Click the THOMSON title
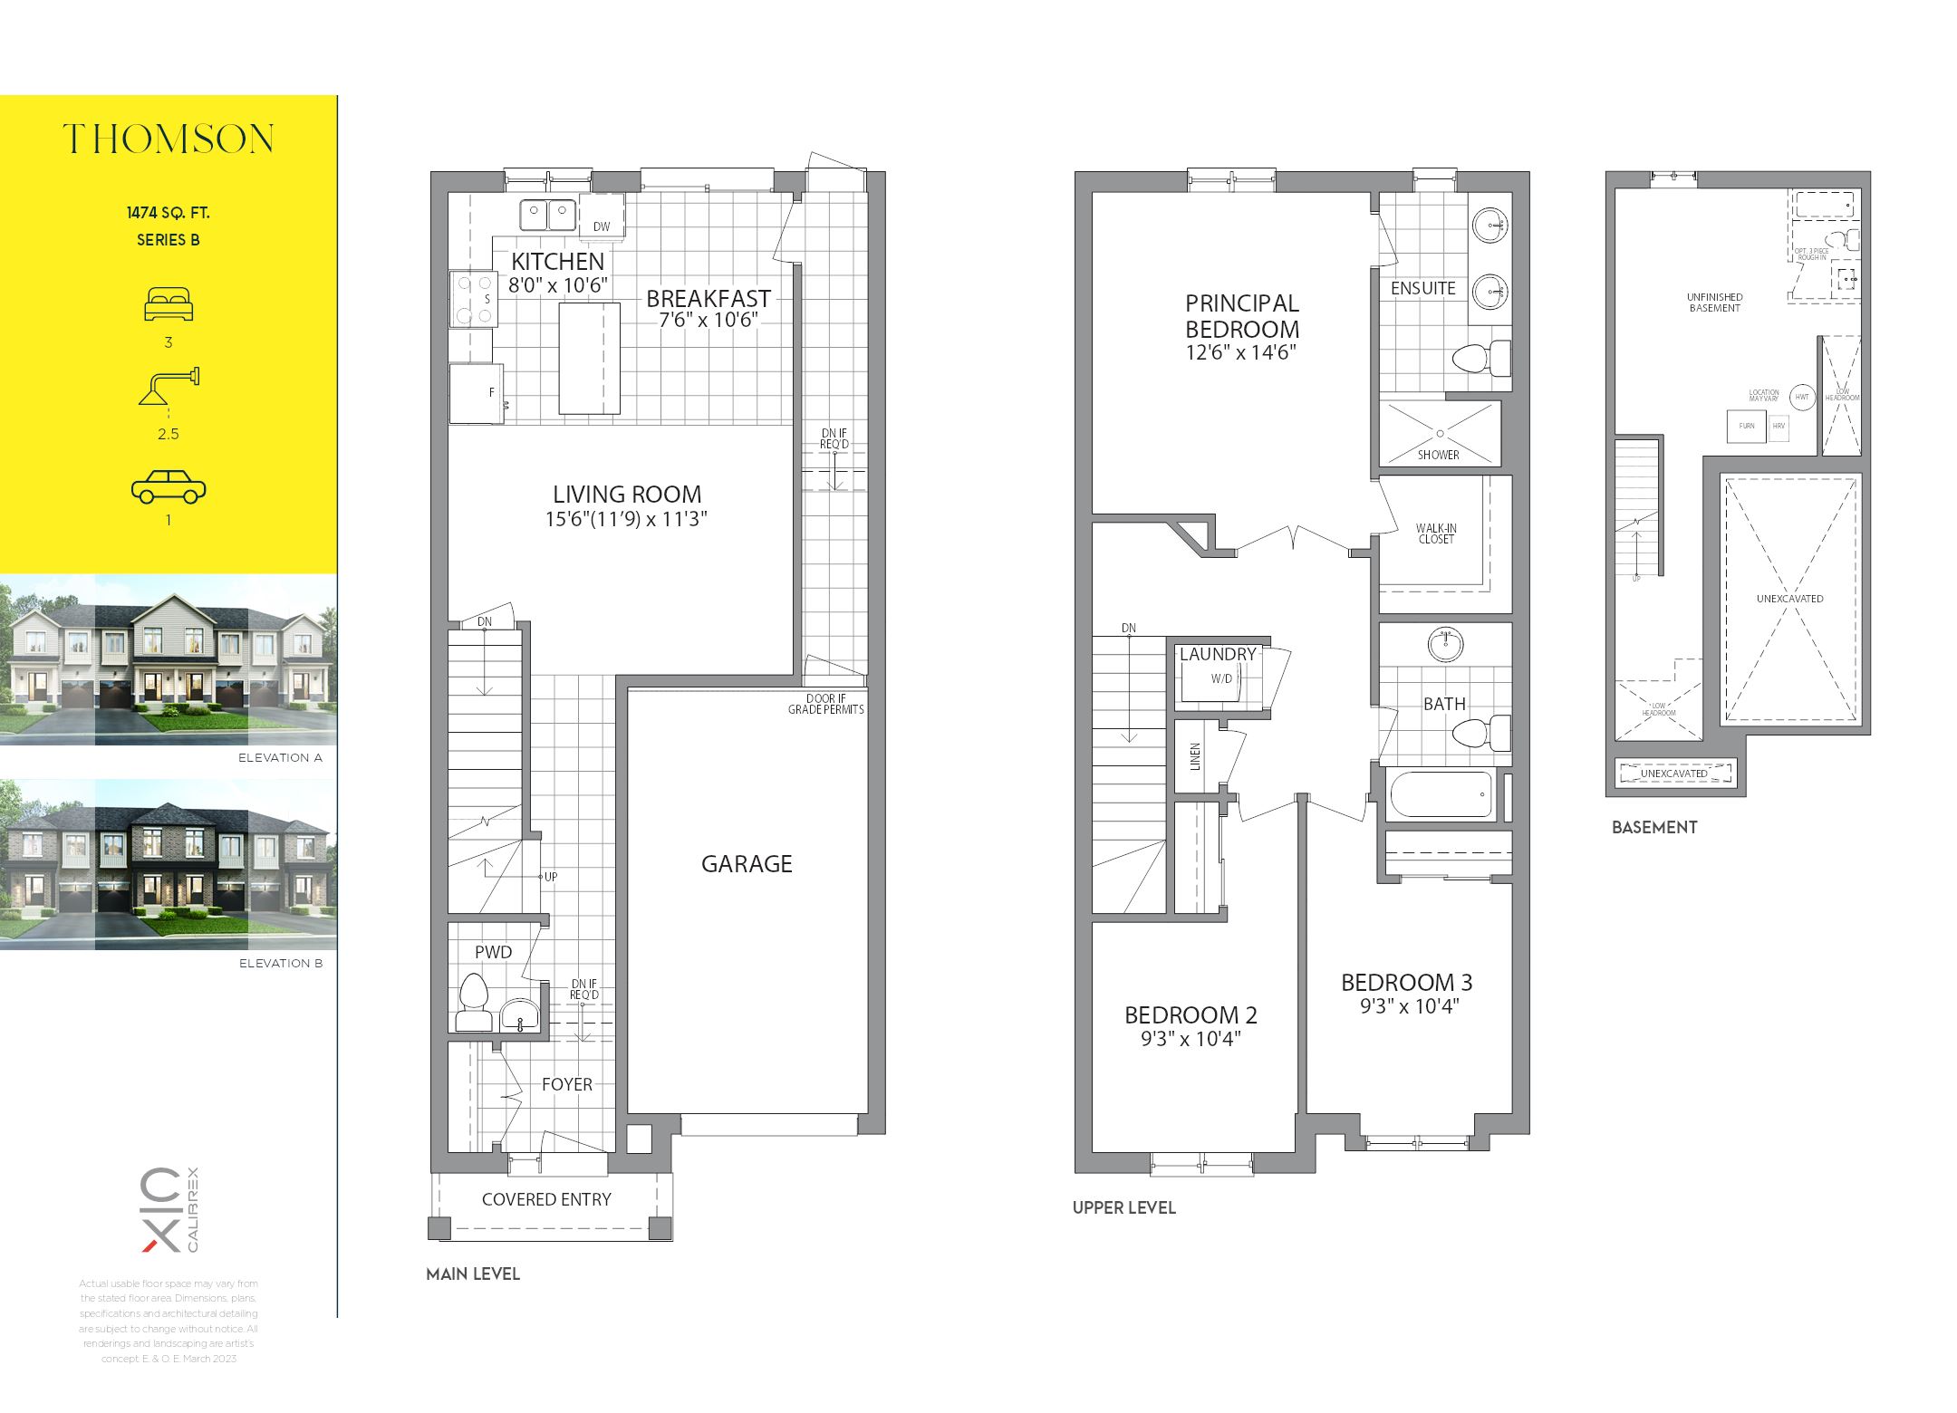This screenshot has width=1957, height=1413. click(x=169, y=139)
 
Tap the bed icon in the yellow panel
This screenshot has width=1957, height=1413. click(x=169, y=304)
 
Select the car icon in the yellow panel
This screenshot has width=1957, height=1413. click(x=169, y=486)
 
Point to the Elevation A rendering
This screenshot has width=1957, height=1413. click(x=169, y=659)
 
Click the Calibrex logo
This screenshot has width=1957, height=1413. click(x=169, y=1209)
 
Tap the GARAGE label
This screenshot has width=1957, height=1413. click(x=747, y=864)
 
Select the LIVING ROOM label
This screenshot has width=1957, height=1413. click(x=627, y=495)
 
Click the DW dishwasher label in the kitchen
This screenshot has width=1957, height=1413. click(x=602, y=226)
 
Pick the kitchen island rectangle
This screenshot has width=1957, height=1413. click(x=589, y=359)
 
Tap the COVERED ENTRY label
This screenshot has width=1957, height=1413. click(x=546, y=1199)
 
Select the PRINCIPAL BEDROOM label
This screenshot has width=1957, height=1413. click(x=1241, y=316)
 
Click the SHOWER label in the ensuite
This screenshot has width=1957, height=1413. click(x=1439, y=455)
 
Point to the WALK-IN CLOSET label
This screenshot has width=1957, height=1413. click(x=1436, y=533)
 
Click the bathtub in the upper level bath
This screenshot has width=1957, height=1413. click(x=1440, y=793)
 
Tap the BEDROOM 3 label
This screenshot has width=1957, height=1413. click(x=1406, y=983)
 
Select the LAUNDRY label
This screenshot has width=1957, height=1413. click(x=1218, y=654)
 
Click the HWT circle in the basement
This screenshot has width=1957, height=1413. click(x=1802, y=397)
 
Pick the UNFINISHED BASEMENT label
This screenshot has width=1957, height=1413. click(x=1714, y=303)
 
